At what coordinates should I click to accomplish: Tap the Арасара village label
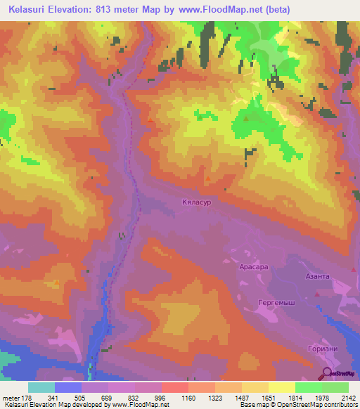250,268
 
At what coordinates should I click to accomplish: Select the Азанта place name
317,276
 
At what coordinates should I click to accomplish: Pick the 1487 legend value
241,398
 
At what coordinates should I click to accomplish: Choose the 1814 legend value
295,398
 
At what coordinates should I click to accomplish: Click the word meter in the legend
11,398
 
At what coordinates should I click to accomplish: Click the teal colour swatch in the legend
41,387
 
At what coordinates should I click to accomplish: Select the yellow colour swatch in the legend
281,387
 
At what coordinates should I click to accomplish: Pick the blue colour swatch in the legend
68,387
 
